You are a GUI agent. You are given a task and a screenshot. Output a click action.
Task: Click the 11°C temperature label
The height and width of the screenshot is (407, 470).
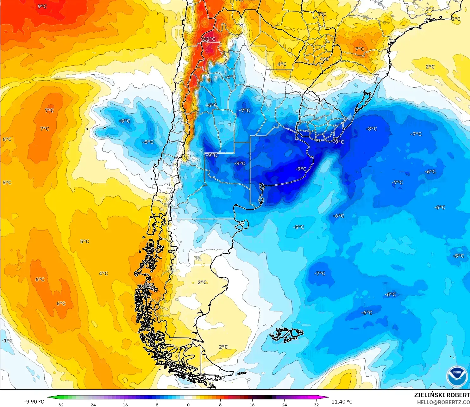209,39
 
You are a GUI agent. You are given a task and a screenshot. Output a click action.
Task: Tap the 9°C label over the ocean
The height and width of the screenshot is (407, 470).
42,6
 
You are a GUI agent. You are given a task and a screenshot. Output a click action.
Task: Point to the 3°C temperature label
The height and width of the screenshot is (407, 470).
430,9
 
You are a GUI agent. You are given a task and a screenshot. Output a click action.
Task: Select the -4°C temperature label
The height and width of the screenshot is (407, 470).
230,77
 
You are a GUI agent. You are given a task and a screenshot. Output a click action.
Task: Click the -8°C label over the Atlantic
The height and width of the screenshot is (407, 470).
371,129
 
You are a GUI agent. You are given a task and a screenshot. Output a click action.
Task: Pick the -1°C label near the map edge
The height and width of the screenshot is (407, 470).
7,341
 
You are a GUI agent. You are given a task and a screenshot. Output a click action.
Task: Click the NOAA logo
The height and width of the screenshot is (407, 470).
457,376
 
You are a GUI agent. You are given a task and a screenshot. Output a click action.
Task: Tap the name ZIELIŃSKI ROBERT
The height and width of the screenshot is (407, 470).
442,395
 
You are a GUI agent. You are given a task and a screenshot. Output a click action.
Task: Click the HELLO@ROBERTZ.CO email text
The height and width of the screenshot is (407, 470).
443,402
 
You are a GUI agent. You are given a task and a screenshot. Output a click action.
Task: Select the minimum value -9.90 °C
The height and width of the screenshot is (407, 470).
34,402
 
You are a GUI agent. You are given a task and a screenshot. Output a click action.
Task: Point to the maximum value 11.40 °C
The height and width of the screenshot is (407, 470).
342,402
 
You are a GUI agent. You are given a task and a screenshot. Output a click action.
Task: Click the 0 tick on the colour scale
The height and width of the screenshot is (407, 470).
188,404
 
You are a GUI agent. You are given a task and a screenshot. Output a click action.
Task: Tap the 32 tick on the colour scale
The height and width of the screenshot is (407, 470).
316,404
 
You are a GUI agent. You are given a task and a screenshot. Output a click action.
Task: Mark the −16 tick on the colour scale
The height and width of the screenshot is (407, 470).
124,404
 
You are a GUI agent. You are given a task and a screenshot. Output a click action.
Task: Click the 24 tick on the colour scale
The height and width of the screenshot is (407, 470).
284,404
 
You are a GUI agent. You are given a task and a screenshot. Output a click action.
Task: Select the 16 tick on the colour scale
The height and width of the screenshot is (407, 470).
252,404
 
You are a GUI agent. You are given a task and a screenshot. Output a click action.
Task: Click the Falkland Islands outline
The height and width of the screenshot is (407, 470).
286,335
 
